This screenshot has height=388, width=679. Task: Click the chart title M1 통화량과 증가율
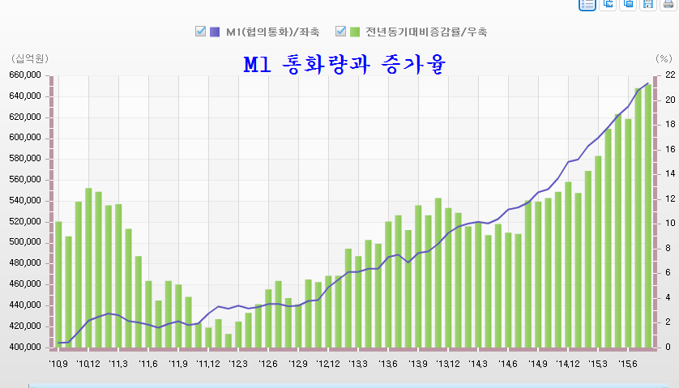[x=344, y=64]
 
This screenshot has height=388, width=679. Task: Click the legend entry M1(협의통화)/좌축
[x=272, y=32]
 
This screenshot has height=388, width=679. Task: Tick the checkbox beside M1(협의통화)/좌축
[x=200, y=32]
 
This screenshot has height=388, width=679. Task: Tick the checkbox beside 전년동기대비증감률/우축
[x=340, y=32]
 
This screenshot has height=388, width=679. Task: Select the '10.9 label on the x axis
[x=58, y=365]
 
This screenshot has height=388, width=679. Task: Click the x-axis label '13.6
[x=388, y=365]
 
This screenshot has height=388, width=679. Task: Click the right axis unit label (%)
[x=664, y=59]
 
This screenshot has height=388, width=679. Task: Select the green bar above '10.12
[x=88, y=267]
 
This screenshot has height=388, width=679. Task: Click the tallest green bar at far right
[x=647, y=215]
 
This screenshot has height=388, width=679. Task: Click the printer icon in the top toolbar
[x=668, y=4]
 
